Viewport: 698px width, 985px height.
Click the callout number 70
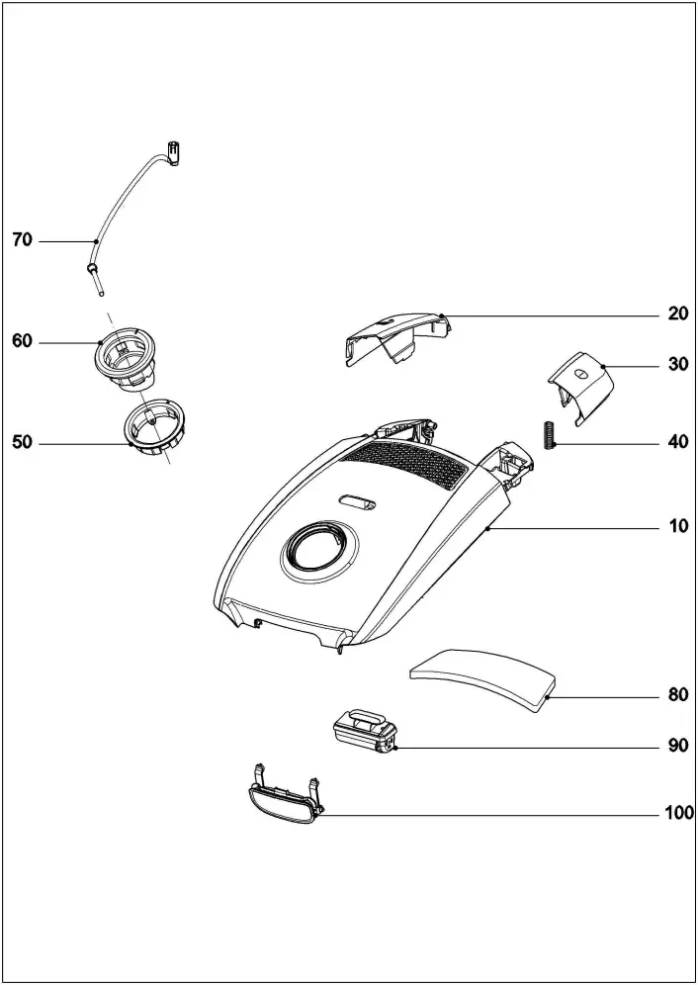click(23, 240)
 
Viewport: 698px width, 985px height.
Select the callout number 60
click(23, 341)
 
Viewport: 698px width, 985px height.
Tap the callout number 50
click(23, 443)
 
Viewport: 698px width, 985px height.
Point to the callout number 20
click(677, 313)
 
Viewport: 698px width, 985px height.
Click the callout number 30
click(677, 364)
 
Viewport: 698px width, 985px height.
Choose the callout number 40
click(677, 442)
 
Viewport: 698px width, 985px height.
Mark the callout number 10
click(677, 527)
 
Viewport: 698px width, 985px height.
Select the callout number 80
click(677, 694)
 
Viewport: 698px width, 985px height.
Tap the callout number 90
click(677, 746)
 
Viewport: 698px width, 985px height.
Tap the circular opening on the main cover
click(311, 546)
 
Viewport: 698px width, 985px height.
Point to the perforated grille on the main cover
click(408, 464)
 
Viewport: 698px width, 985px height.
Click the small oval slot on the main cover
click(357, 502)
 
